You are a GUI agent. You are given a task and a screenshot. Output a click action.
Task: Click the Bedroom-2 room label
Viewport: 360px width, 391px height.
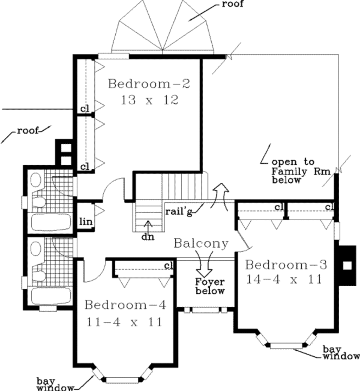click(x=149, y=84)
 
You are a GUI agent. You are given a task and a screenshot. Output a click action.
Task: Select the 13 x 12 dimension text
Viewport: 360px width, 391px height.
click(x=149, y=100)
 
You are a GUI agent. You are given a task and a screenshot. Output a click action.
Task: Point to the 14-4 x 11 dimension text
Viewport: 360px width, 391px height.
click(x=284, y=280)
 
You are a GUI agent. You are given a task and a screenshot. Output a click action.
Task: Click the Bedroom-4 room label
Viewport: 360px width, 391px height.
click(x=125, y=305)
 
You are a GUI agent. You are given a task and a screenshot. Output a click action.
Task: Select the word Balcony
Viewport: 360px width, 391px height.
click(x=201, y=243)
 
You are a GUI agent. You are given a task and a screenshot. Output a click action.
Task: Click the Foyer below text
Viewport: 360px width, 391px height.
click(x=210, y=286)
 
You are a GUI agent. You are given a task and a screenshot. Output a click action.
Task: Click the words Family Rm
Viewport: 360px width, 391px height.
click(x=301, y=171)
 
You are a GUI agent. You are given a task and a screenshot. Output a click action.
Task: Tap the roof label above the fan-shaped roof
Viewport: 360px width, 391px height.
click(x=232, y=4)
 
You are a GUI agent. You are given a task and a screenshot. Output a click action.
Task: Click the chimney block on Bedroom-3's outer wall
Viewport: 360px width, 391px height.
click(x=347, y=265)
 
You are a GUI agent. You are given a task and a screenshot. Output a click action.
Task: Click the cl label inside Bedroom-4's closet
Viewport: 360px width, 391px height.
click(x=169, y=266)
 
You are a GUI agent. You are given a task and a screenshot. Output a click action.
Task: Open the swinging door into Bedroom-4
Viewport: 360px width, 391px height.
click(x=94, y=272)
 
